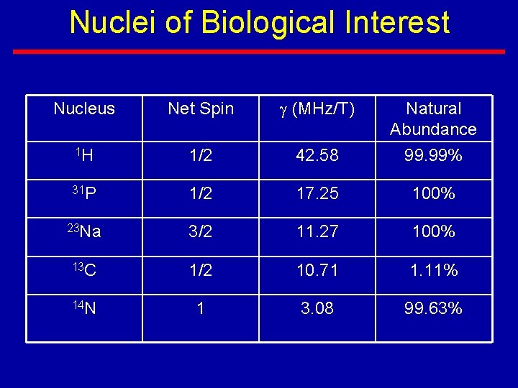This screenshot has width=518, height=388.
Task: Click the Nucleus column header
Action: pyautogui.click(x=84, y=109)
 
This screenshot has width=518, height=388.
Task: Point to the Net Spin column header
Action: pyautogui.click(x=201, y=109)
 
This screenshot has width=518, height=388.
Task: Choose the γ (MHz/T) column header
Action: pyautogui.click(x=317, y=109)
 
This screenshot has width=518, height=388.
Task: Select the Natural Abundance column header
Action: pyautogui.click(x=433, y=119)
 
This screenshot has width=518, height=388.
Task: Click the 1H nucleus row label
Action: pyautogui.click(x=84, y=155)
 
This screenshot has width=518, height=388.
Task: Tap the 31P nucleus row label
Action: pyautogui.click(x=84, y=193)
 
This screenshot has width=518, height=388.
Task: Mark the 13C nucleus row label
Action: pyautogui.click(x=84, y=270)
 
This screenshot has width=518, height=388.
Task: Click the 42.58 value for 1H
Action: pyautogui.click(x=317, y=156)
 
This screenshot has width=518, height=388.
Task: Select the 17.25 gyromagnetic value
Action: pyautogui.click(x=317, y=194)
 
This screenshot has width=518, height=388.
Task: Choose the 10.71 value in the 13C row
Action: pyautogui.click(x=317, y=271)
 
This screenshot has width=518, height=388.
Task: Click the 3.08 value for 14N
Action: pyautogui.click(x=317, y=309)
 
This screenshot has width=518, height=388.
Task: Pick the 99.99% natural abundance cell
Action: pyautogui.click(x=433, y=156)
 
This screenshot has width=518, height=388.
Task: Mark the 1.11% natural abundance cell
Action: pyautogui.click(x=433, y=271)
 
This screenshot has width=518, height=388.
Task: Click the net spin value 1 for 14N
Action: pyautogui.click(x=201, y=309)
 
